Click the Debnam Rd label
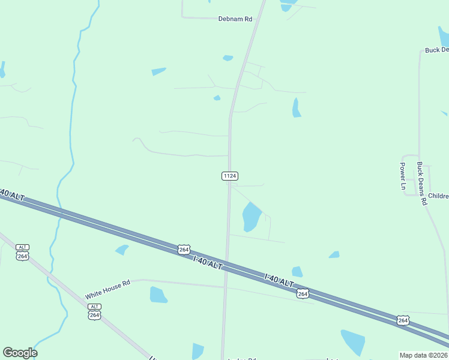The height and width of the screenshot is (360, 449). tap(235, 19)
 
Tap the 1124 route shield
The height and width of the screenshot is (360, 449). tap(230, 176)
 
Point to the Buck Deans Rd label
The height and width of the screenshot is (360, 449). tap(421, 184)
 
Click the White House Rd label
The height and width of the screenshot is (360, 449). tap(107, 291)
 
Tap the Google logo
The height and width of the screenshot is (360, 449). tap(20, 353)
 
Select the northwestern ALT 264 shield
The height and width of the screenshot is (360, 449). tap(22, 253)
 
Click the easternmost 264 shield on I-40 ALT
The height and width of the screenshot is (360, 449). tap(403, 320)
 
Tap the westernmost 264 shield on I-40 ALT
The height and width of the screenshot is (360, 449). tap(184, 249)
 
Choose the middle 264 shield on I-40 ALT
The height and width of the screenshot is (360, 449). tap(302, 293)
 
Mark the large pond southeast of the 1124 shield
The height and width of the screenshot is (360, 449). tap(251, 216)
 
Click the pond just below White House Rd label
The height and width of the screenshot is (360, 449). tap(158, 295)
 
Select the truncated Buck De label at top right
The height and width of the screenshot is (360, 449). tap(436, 50)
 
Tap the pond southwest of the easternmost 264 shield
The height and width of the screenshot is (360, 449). tap(353, 342)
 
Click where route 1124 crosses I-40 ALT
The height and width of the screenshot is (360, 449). tap(227, 259)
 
